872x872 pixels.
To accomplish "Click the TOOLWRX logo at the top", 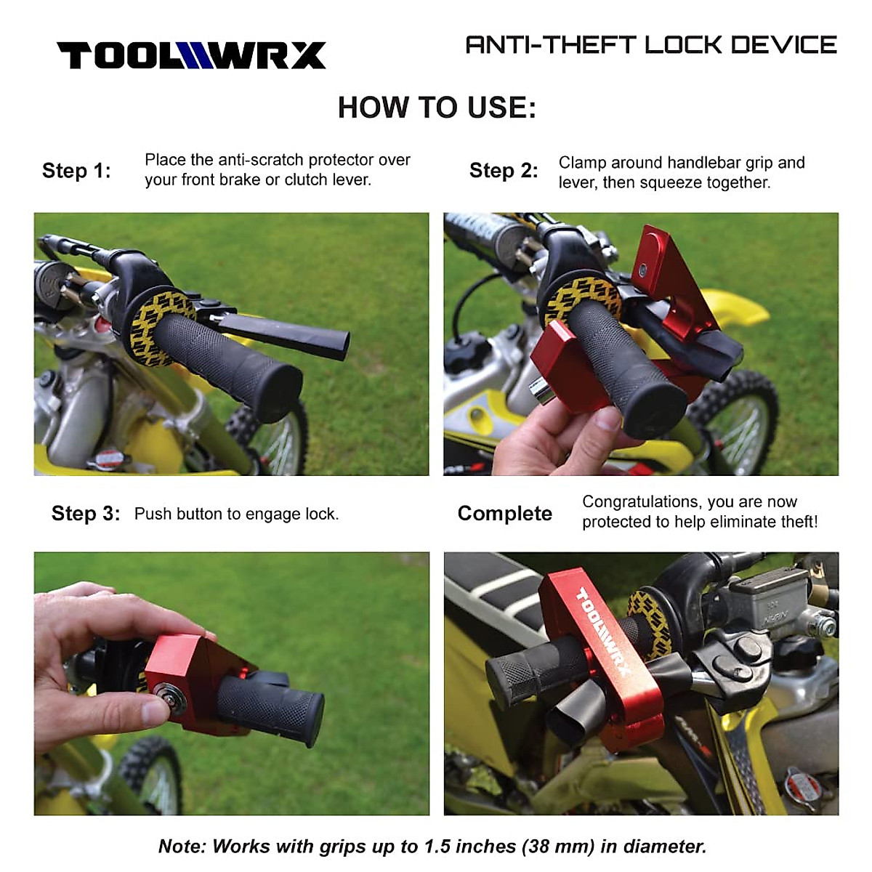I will tap(191, 56).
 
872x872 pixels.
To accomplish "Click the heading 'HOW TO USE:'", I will tap(437, 108).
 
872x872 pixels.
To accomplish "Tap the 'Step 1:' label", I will tap(76, 171).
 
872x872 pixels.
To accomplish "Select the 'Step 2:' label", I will tap(504, 171).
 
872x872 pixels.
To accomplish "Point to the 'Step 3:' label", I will tap(86, 514).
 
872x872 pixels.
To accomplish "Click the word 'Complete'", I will tap(504, 514).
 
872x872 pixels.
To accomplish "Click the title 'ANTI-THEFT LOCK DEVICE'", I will tap(650, 45).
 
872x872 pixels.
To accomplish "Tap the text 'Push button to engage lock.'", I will tap(236, 514).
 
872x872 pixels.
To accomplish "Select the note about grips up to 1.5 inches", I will tap(432, 847).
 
